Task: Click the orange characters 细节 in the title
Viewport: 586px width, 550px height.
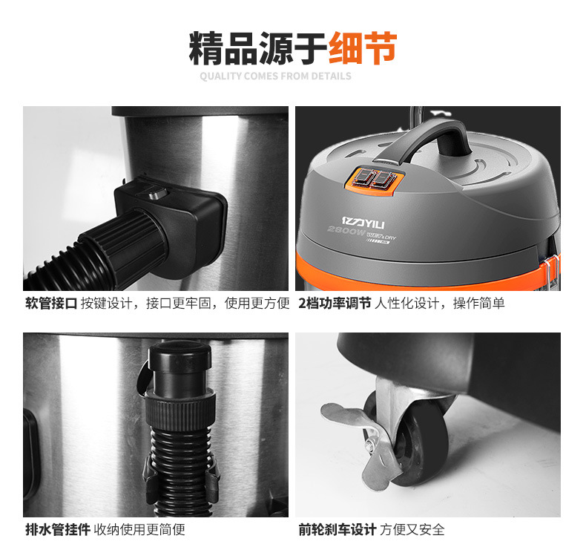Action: coord(363,48)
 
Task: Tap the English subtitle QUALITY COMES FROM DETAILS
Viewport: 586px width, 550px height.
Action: coord(275,76)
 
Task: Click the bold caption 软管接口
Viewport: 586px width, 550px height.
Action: coord(51,304)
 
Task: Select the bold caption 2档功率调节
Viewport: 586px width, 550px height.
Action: coord(335,304)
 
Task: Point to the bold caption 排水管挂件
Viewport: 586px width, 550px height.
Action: coord(58,529)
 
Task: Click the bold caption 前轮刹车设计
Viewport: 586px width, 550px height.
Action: coord(337,529)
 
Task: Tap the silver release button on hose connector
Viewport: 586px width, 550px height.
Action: coord(158,194)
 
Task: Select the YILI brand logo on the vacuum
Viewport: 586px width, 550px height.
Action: coord(363,222)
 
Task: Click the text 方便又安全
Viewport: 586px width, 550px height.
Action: coord(412,529)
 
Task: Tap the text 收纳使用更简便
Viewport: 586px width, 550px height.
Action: coord(139,529)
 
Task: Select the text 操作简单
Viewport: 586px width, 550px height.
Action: coord(478,304)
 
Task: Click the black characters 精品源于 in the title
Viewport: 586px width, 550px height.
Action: coord(258,48)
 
